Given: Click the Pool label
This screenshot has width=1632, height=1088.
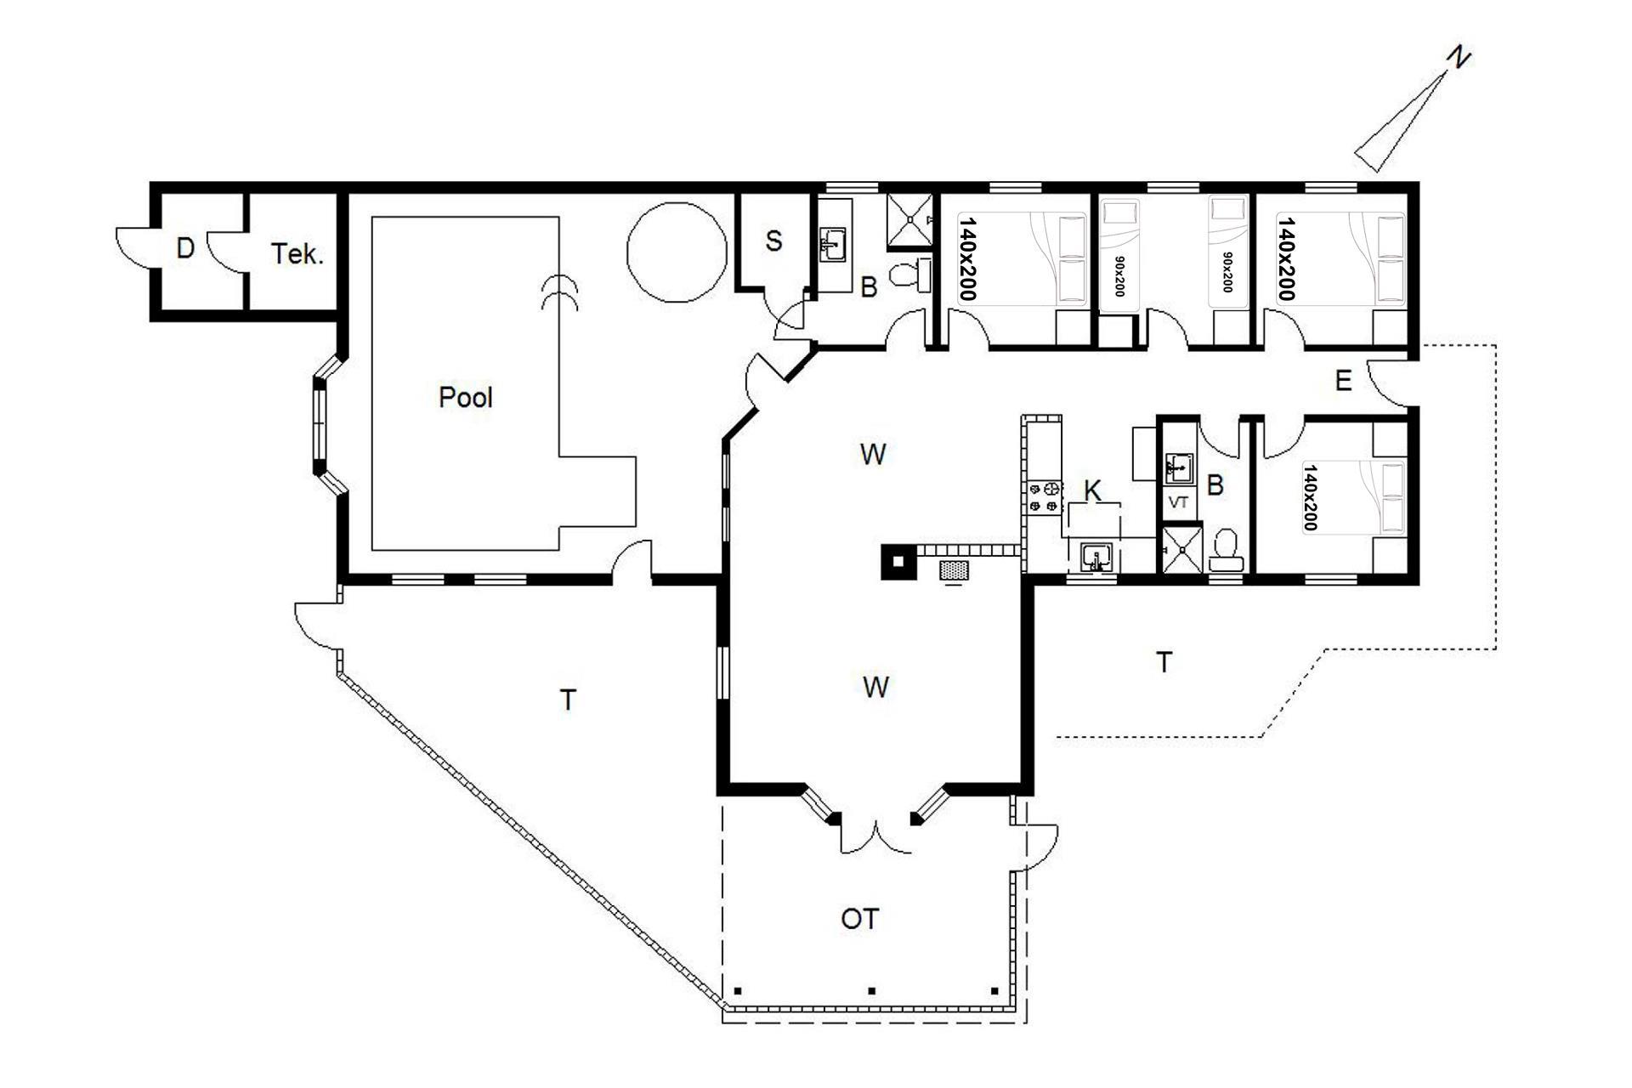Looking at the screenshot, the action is (x=466, y=397).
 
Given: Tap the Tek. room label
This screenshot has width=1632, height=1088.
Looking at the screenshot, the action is (x=297, y=254).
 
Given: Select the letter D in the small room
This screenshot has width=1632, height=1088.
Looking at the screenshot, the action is (x=185, y=249).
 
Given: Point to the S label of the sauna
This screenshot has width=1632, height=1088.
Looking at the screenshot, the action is (x=773, y=241).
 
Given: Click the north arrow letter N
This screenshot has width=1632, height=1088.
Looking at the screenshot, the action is (x=1459, y=57).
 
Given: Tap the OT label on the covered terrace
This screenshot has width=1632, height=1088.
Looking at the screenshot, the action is (x=859, y=919).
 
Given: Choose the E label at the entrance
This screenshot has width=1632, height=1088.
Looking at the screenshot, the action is (x=1343, y=381).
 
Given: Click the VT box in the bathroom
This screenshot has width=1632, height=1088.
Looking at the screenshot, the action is (x=1179, y=502).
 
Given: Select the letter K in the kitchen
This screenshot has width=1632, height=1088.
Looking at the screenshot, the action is (x=1093, y=490).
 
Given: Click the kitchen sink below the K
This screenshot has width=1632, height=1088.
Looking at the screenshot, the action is (x=1096, y=558).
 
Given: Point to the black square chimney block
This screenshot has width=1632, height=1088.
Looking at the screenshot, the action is (x=898, y=561).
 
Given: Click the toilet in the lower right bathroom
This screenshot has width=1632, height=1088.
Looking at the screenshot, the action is (x=1226, y=551).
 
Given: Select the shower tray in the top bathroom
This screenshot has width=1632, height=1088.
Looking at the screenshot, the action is (x=909, y=220).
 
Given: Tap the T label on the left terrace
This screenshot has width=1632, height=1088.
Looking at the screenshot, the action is (x=568, y=700).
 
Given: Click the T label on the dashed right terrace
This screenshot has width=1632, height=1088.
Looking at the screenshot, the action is (x=1164, y=662).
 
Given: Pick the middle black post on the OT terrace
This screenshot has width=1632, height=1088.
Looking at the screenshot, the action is (x=871, y=990).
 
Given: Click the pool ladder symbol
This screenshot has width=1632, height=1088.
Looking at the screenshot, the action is (x=560, y=293).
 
